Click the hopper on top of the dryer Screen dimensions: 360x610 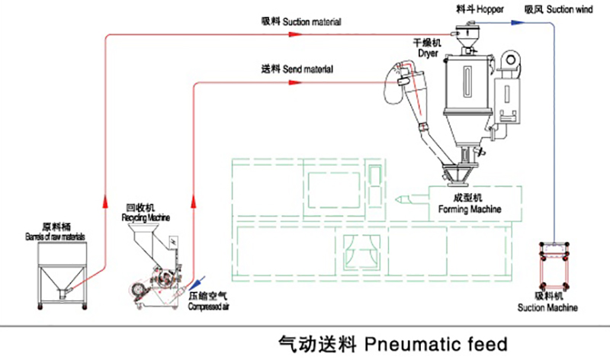click(463, 34)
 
